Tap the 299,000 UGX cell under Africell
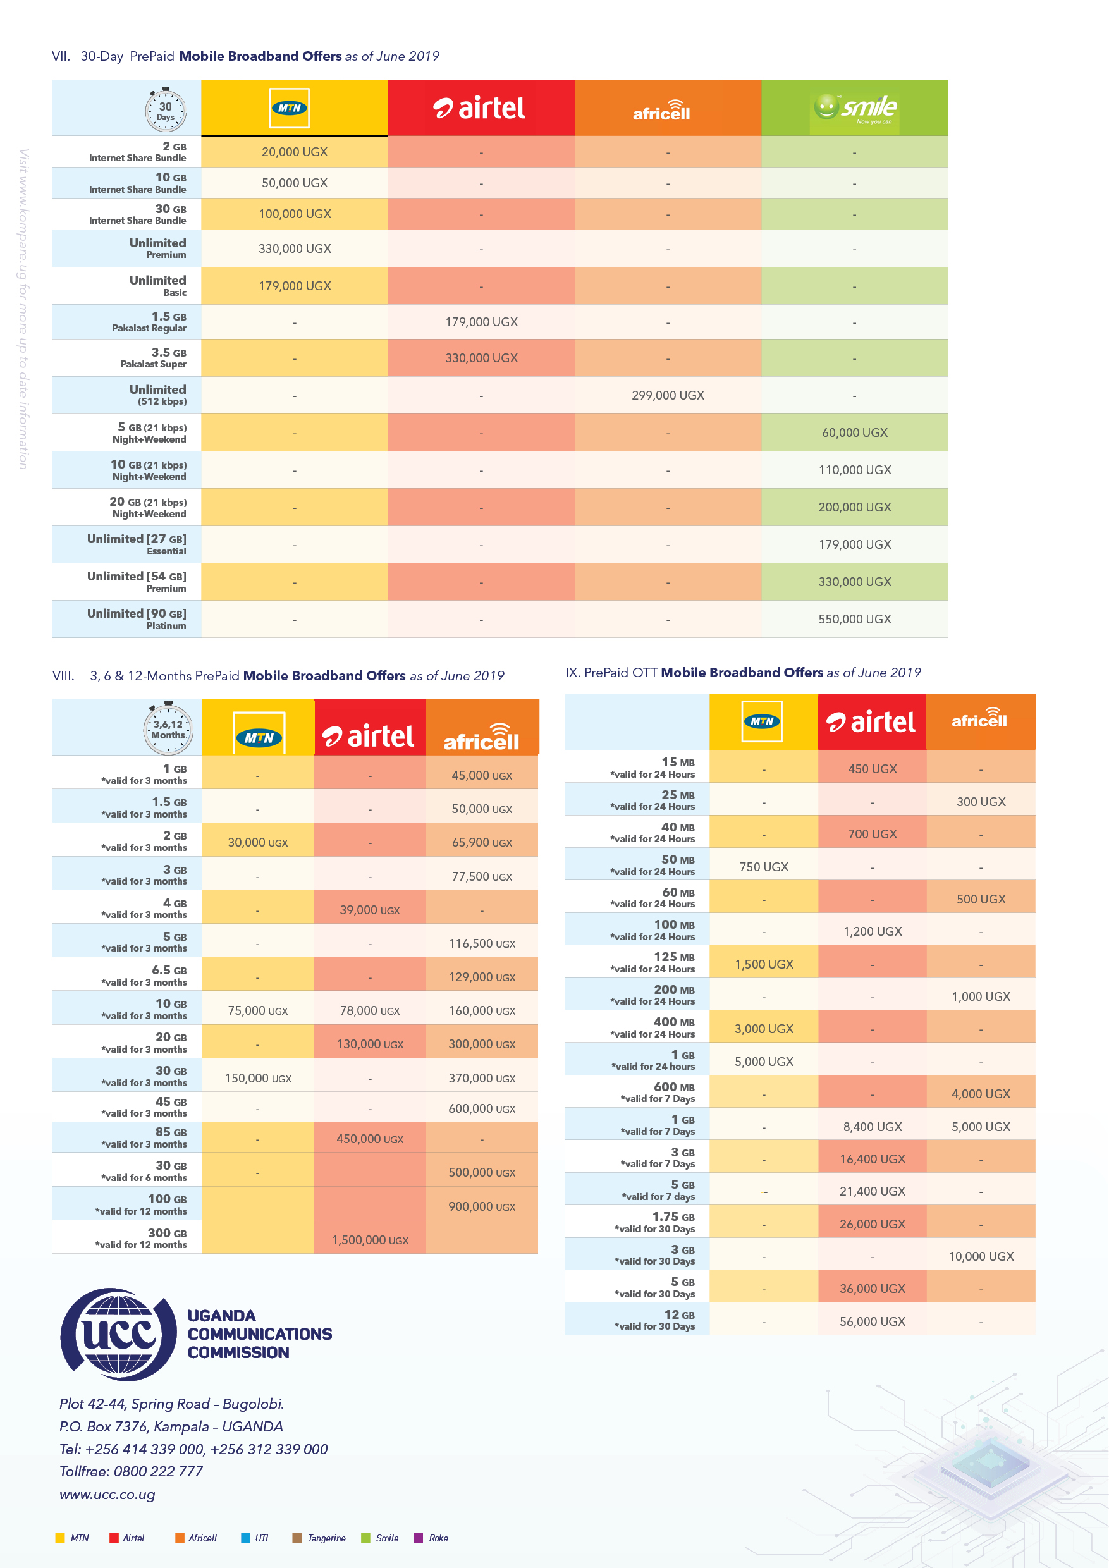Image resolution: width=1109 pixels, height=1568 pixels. (667, 395)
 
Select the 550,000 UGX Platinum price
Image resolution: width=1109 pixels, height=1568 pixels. (854, 620)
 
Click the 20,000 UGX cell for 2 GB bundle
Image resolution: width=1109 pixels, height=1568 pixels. (295, 152)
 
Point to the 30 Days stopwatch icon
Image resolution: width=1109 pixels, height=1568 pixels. (165, 109)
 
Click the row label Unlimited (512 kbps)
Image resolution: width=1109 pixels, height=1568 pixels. (157, 395)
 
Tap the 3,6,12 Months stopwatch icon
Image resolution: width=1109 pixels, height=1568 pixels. (168, 728)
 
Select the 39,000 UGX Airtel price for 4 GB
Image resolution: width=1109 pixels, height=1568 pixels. (369, 910)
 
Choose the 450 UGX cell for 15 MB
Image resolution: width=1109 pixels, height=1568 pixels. (872, 769)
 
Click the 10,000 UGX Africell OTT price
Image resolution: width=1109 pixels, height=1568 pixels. (981, 1256)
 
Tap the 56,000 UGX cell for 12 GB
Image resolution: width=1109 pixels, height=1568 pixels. (872, 1321)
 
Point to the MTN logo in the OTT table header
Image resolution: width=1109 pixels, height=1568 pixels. (762, 721)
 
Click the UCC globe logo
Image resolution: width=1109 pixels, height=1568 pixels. (118, 1334)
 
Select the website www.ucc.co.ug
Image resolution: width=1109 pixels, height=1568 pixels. (107, 1494)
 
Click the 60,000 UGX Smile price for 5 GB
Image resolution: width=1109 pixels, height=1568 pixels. (854, 432)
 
